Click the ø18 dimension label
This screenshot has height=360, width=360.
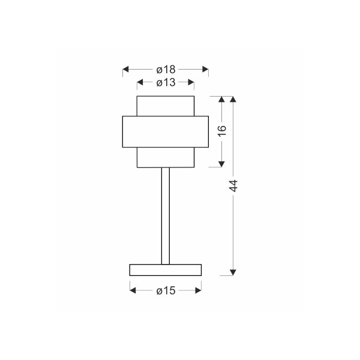pyautogui.click(x=166, y=70)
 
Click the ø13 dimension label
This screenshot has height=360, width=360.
pyautogui.click(x=166, y=82)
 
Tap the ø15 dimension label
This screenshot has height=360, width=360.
pyautogui.click(x=166, y=290)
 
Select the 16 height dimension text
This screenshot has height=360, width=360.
pyautogui.click(x=222, y=131)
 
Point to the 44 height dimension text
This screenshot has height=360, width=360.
pyautogui.click(x=233, y=186)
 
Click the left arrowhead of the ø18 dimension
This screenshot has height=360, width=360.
pyautogui.click(x=125, y=69)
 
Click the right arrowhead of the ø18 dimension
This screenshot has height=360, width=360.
pyautogui.click(x=205, y=69)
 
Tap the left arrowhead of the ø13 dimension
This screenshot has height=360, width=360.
pyautogui.click(x=140, y=82)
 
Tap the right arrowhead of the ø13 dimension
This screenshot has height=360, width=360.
pyautogui.click(x=191, y=82)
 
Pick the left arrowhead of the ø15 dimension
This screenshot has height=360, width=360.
pyautogui.click(x=133, y=290)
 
